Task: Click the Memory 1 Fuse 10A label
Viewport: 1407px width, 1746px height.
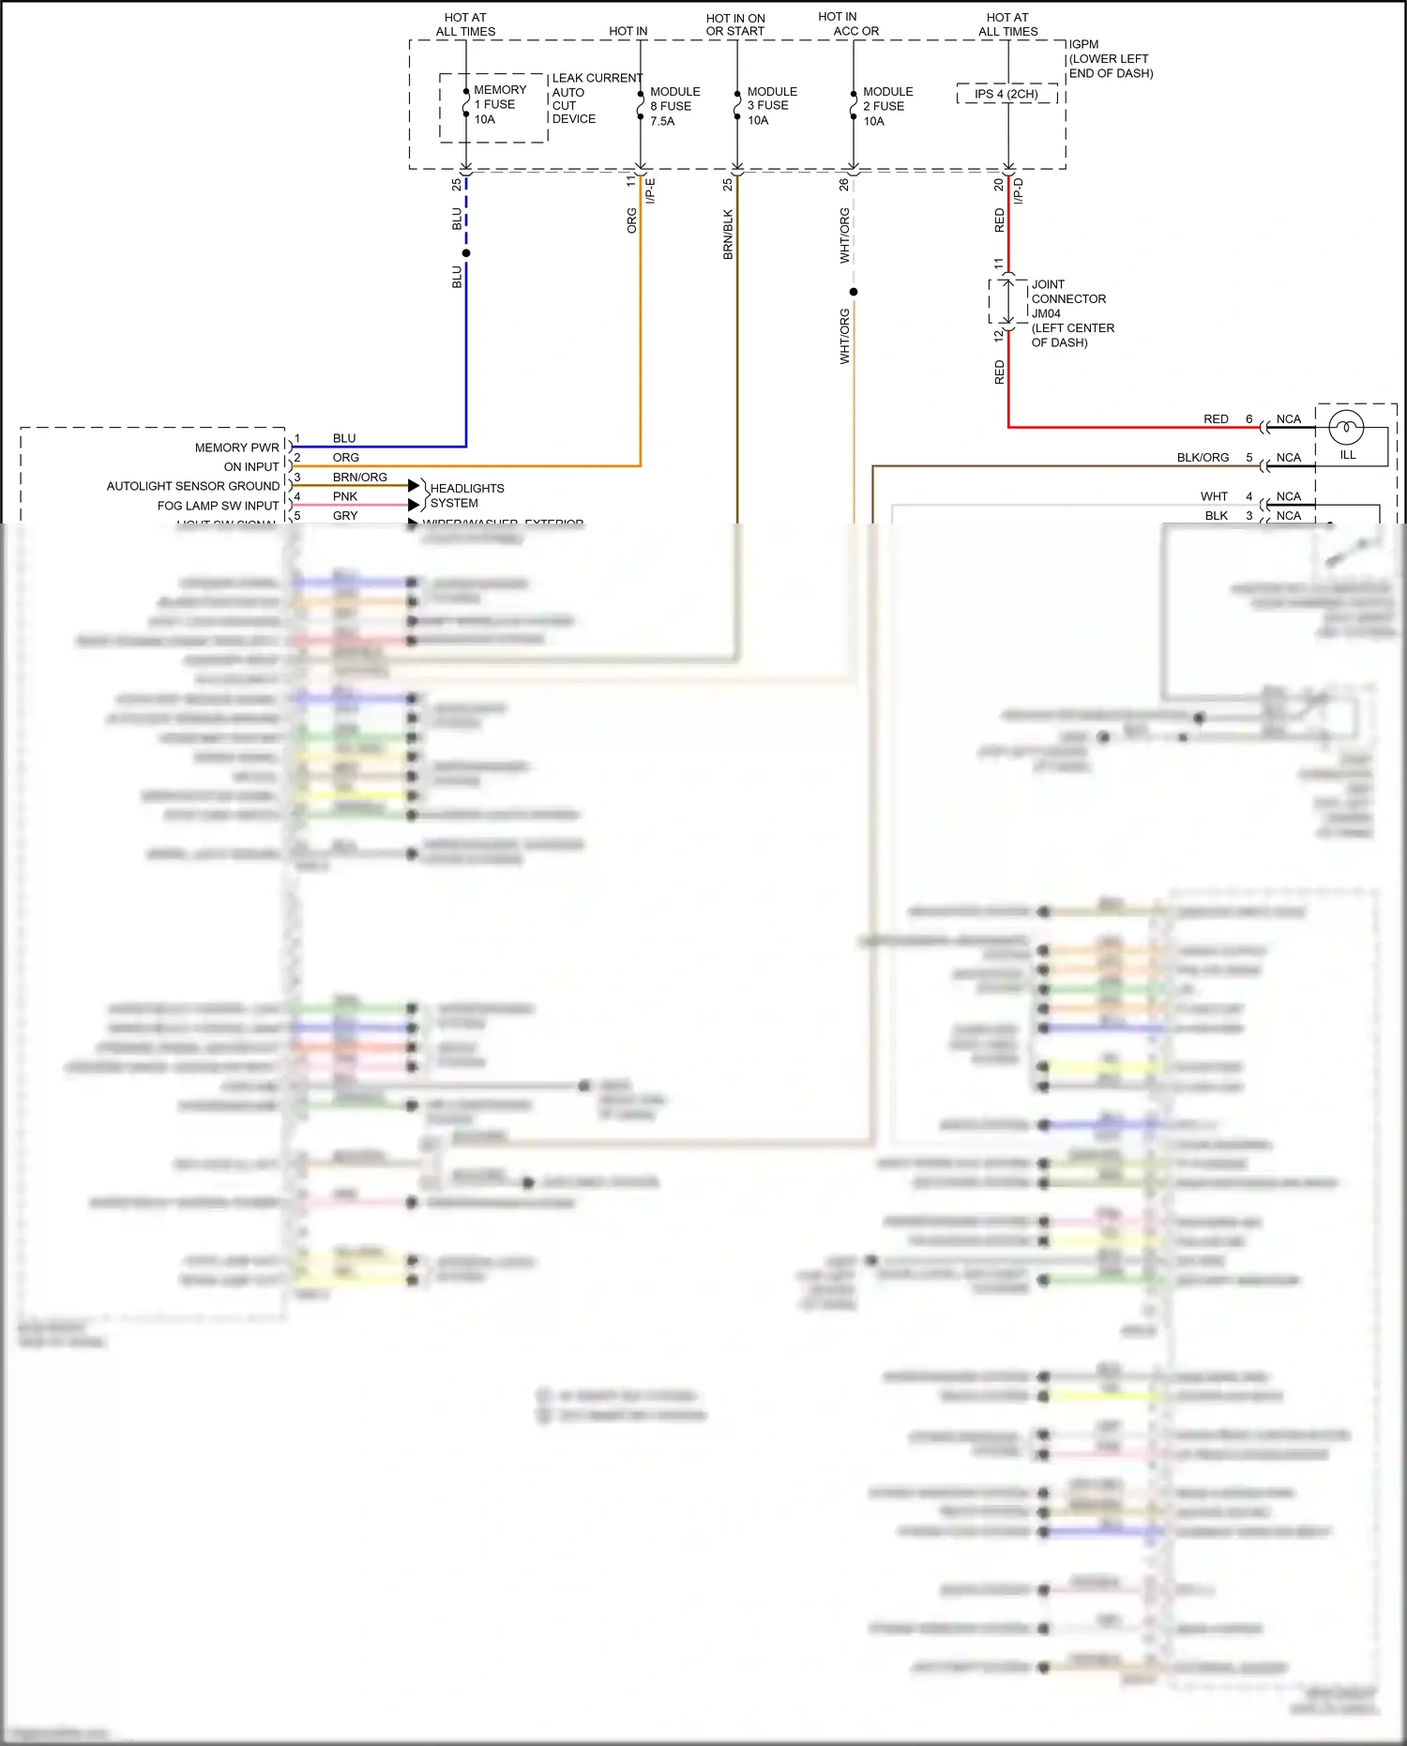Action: pyautogui.click(x=499, y=104)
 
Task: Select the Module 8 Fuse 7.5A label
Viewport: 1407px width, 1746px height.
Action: pyautogui.click(x=674, y=106)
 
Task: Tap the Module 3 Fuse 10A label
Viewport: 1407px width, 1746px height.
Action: pyautogui.click(x=771, y=106)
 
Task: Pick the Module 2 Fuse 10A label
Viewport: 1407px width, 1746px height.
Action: pyautogui.click(x=887, y=106)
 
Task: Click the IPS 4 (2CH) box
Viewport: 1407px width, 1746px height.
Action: pyautogui.click(x=1006, y=94)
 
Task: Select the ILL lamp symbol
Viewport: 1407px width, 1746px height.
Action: pyautogui.click(x=1346, y=429)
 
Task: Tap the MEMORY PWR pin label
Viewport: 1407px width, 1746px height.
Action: pyautogui.click(x=236, y=448)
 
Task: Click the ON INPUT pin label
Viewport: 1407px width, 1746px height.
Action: pyautogui.click(x=251, y=466)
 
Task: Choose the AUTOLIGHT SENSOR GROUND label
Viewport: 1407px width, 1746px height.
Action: pyautogui.click(x=192, y=486)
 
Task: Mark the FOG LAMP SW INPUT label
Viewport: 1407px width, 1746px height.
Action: pyautogui.click(x=218, y=506)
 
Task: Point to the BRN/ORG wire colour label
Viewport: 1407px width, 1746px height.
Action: pyautogui.click(x=359, y=477)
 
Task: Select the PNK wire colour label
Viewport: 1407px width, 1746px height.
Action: pyautogui.click(x=344, y=496)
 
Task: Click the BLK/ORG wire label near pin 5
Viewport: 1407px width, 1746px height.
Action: pyautogui.click(x=1203, y=458)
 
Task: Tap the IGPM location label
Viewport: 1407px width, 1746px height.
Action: pyautogui.click(x=1110, y=58)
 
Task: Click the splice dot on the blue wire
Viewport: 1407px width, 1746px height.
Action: pyautogui.click(x=466, y=253)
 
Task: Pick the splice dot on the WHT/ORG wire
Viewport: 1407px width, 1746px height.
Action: pyautogui.click(x=854, y=292)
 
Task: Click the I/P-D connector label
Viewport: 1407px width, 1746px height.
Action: pyautogui.click(x=1019, y=191)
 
